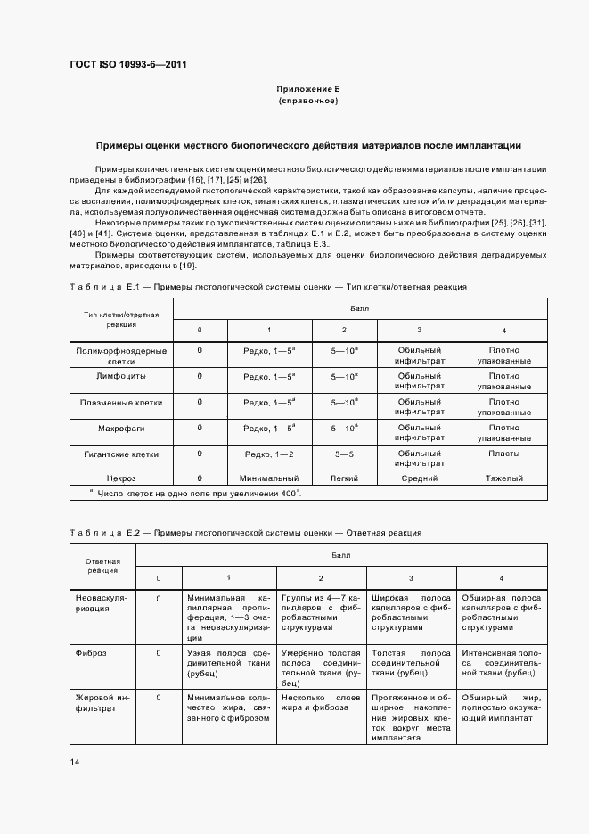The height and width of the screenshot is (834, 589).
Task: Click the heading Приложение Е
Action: pyautogui.click(x=308, y=90)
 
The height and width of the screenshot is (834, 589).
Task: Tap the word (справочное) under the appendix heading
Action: pyautogui.click(x=308, y=102)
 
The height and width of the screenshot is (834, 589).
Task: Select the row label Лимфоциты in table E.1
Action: pyautogui.click(x=121, y=377)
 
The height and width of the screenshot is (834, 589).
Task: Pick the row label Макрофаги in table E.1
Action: pyautogui.click(x=121, y=429)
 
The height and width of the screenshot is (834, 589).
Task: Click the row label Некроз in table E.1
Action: pyautogui.click(x=121, y=478)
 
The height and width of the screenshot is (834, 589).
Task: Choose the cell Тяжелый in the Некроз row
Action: pyautogui.click(x=503, y=478)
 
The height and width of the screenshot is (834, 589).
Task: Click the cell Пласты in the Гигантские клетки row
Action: pyautogui.click(x=503, y=454)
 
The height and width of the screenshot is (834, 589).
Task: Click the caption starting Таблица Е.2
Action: pyautogui.click(x=245, y=532)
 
